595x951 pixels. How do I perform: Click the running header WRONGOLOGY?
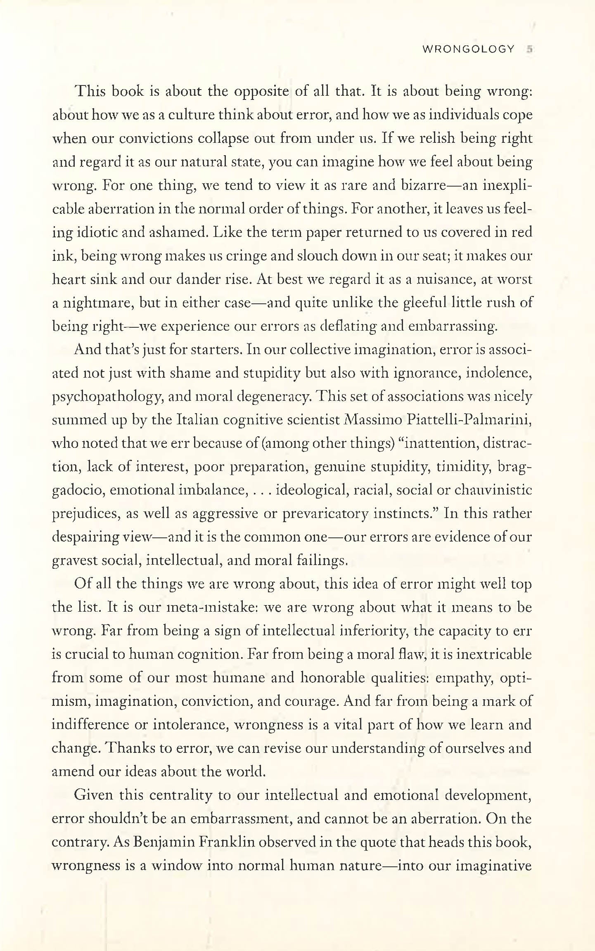coord(468,50)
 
